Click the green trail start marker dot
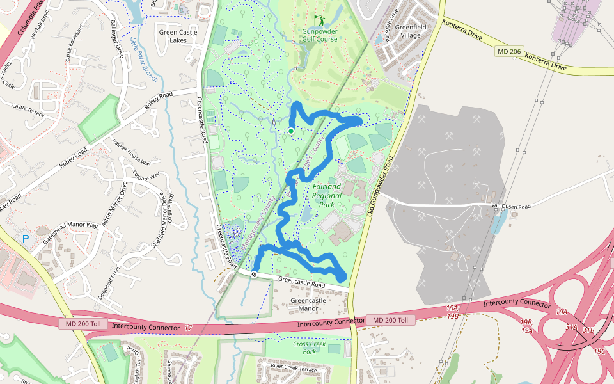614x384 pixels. point(291,131)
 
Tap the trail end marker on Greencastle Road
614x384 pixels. point(255,275)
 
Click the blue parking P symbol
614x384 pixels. point(26,239)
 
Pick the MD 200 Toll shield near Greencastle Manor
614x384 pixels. point(391,320)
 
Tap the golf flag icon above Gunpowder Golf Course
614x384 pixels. point(319,21)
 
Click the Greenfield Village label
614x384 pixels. point(407,31)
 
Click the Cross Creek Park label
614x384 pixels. point(309,348)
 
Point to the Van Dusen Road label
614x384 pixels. point(511,207)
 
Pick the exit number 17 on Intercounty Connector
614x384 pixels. point(188,328)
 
